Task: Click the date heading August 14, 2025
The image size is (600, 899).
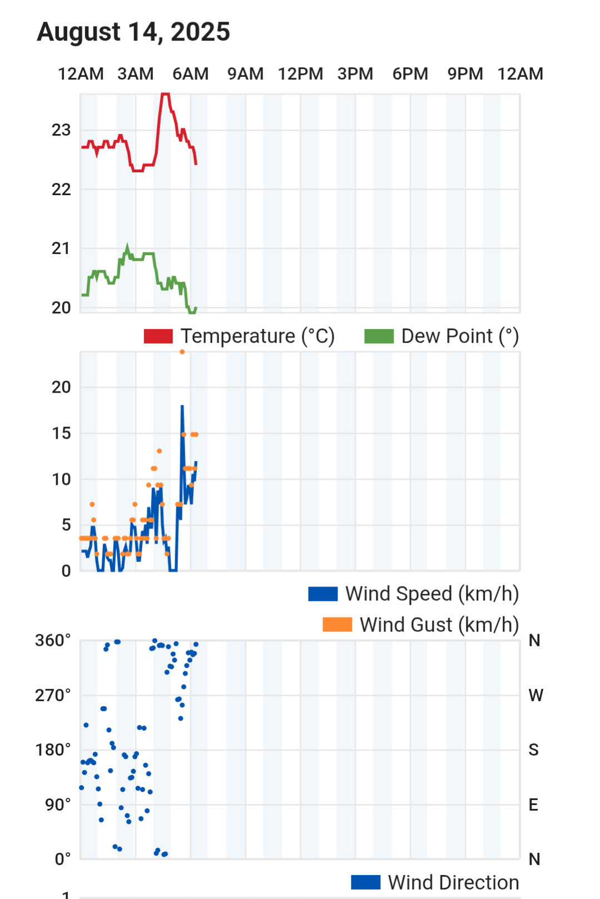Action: [133, 32]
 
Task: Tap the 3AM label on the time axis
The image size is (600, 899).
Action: [135, 74]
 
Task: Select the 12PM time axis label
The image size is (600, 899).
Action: [300, 74]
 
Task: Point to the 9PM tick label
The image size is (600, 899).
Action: [465, 74]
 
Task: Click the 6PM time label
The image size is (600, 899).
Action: [410, 74]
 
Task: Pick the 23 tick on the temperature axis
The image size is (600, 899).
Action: [61, 130]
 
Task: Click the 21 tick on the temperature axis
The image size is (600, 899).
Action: [61, 249]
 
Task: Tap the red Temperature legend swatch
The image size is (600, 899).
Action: [158, 336]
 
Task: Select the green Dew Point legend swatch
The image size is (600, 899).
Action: [379, 336]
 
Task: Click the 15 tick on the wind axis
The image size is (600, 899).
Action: [61, 433]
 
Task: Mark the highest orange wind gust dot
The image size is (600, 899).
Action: [182, 352]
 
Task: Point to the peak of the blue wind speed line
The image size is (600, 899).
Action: [182, 406]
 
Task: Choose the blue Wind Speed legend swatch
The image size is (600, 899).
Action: [323, 594]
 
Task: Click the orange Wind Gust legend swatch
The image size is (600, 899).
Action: [337, 625]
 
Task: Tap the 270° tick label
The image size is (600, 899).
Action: [53, 695]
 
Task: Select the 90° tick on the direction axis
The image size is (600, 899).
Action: [58, 804]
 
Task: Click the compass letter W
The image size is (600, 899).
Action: [535, 695]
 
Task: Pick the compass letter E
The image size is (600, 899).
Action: [533, 804]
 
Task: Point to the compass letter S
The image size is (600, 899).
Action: [533, 750]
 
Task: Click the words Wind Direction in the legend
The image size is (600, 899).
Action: [453, 882]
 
